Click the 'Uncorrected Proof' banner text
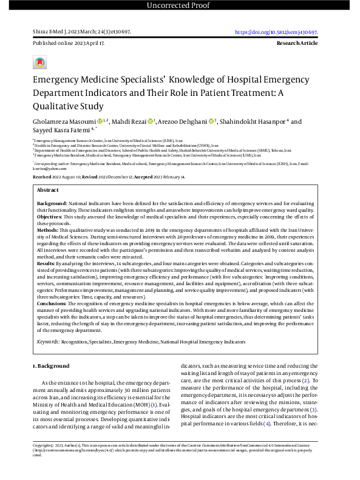180,6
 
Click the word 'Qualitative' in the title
59,106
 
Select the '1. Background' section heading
50,366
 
